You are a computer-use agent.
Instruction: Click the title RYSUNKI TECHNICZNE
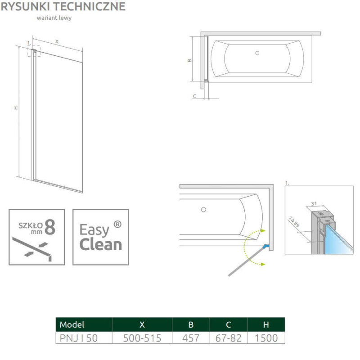coord(63,6)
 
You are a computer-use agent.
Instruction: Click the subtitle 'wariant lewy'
coord(54,18)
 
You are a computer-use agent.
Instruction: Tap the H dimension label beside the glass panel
coord(15,108)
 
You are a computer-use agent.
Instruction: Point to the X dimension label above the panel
coord(57,41)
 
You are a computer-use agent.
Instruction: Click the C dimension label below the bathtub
coord(194,96)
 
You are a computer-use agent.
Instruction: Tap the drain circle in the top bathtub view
coord(257,53)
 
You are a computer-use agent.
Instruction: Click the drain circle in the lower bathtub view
coord(203,209)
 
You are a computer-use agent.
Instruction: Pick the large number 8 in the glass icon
coord(50,228)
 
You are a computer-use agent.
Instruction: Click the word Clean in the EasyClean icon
coord(100,244)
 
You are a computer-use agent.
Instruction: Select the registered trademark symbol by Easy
coord(117,224)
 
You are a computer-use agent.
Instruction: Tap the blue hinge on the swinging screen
coord(266,246)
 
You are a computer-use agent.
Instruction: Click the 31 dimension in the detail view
coord(315,203)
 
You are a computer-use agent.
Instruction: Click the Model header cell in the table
coord(72,324)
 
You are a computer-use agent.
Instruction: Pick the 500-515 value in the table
coord(142,338)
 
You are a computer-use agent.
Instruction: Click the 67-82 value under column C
coord(228,338)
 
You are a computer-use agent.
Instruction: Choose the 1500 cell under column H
coord(266,338)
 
